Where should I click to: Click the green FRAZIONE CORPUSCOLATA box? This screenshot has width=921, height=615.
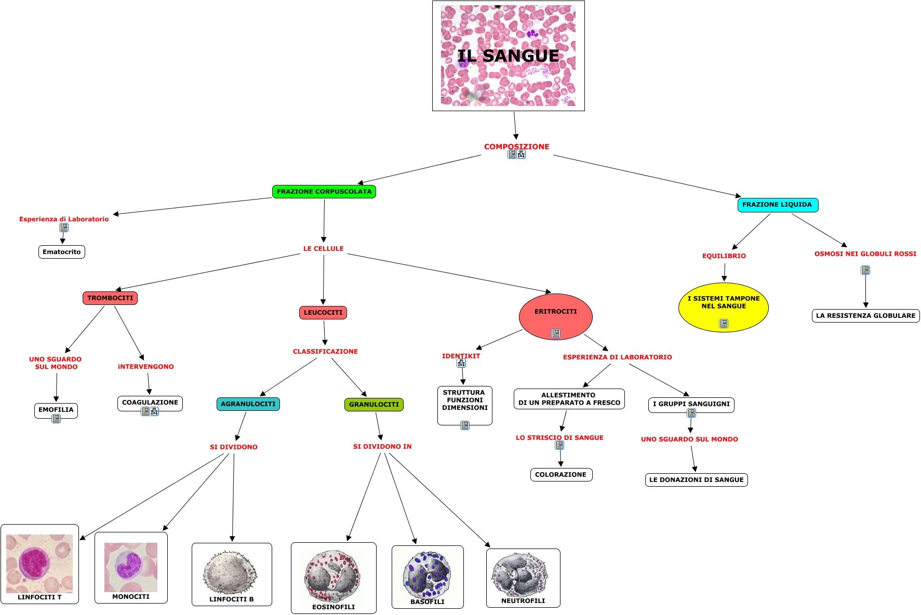point(324,192)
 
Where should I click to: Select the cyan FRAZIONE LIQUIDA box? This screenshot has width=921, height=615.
point(777,205)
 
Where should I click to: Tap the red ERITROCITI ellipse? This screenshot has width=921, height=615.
point(555,312)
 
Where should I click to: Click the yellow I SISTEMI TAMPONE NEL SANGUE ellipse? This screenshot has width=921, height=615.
point(723,303)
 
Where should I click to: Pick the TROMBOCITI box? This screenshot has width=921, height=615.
point(110,298)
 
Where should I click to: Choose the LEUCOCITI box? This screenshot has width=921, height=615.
point(323,313)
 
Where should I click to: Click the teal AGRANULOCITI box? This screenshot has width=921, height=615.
point(248,404)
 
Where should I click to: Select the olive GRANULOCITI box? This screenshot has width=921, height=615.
point(373,405)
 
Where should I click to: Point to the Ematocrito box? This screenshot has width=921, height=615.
point(61,252)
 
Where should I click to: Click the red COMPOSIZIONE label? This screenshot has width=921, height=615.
point(516,146)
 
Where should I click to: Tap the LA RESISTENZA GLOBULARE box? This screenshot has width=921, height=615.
point(865,316)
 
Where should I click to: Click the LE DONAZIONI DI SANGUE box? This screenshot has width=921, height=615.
point(696,480)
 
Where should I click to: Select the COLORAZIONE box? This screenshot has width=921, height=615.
point(560,475)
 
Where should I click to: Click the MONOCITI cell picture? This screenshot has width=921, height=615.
point(130,567)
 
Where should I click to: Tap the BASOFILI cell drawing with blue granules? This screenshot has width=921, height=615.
point(426,574)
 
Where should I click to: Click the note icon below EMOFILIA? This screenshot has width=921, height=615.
point(56,419)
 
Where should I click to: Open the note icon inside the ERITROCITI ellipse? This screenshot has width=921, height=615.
point(556,333)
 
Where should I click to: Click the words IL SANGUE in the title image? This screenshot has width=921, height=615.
point(508,56)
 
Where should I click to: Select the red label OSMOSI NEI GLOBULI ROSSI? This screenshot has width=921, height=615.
point(865,254)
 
